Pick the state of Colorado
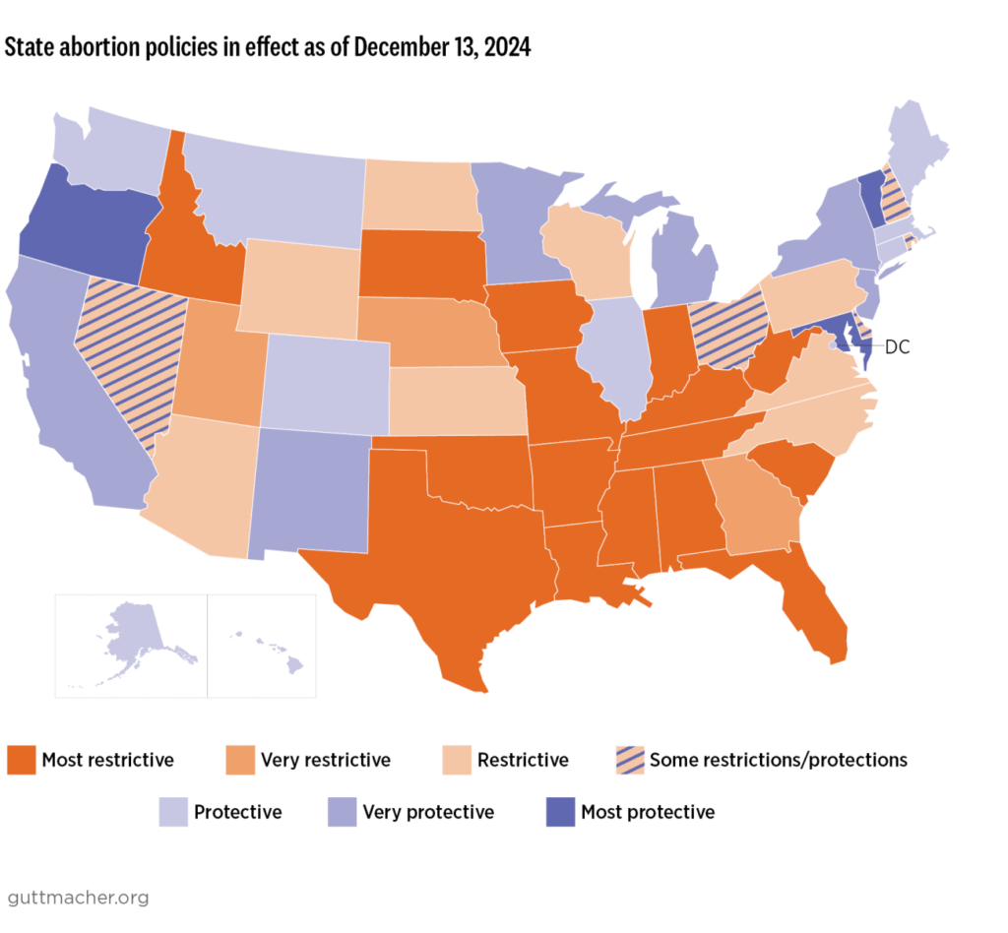coord(325,379)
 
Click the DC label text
coord(897,346)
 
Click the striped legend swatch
coord(627,760)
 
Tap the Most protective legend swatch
coord(560,812)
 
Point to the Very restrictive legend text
coord(325,760)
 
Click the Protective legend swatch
coord(173,812)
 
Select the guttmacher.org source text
coord(78,897)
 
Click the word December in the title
coord(388,48)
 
